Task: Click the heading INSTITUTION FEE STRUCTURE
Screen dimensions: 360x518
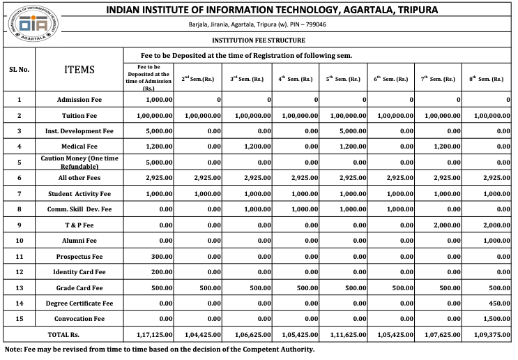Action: click(x=258, y=41)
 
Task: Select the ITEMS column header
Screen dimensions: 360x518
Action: click(x=79, y=70)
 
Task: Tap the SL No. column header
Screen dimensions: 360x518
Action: click(x=19, y=70)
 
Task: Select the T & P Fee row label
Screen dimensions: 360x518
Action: click(x=79, y=225)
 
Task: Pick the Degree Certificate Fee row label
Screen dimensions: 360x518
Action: click(x=79, y=303)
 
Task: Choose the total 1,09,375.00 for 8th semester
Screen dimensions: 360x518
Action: click(x=488, y=336)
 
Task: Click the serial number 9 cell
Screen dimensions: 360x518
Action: click(x=19, y=225)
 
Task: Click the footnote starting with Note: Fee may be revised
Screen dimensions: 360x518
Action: click(x=160, y=350)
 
